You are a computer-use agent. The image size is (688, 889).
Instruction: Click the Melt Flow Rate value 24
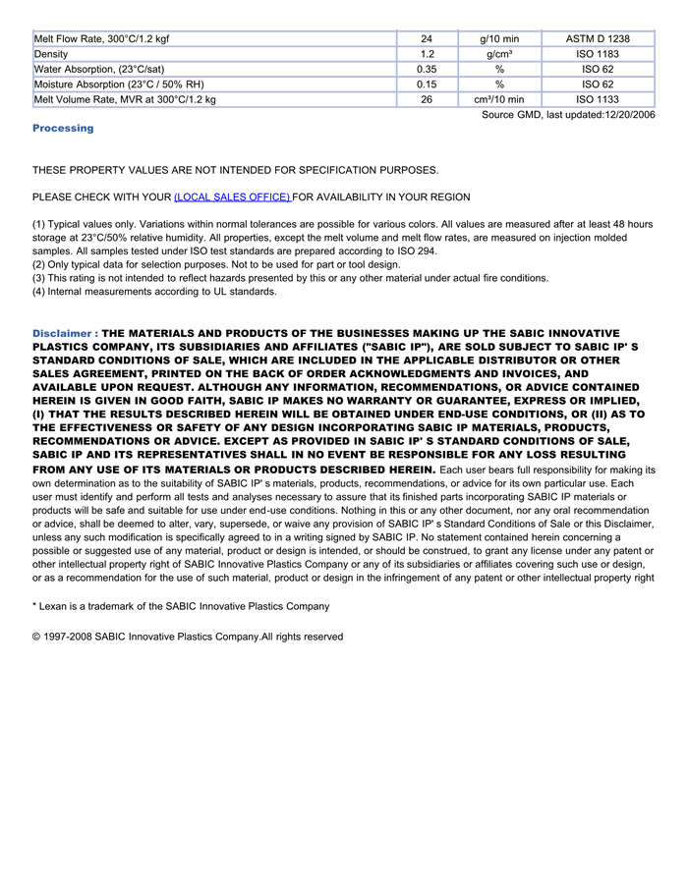pos(427,38)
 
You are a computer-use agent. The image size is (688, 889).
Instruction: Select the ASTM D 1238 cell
pos(598,38)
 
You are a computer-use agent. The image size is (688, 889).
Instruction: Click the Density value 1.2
pos(427,54)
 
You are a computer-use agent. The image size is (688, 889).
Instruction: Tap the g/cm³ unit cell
pos(499,54)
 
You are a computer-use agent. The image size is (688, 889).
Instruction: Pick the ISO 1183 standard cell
pos(598,54)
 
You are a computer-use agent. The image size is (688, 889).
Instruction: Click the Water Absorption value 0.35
pos(427,69)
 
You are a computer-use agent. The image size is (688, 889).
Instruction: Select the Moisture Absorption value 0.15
pos(427,84)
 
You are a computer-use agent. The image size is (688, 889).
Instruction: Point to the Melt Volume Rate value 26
pos(427,99)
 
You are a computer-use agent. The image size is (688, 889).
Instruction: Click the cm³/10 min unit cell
pos(499,99)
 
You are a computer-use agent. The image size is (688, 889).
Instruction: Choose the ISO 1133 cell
pos(598,99)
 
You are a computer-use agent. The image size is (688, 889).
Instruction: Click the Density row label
pos(51,54)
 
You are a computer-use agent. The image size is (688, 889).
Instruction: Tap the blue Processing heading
pos(63,129)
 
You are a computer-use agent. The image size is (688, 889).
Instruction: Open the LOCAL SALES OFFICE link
pos(232,197)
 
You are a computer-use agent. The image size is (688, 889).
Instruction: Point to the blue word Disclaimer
pos(62,334)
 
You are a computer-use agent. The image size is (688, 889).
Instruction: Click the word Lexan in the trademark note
pos(55,606)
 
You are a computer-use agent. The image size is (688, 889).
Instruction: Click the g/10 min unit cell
pos(499,38)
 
